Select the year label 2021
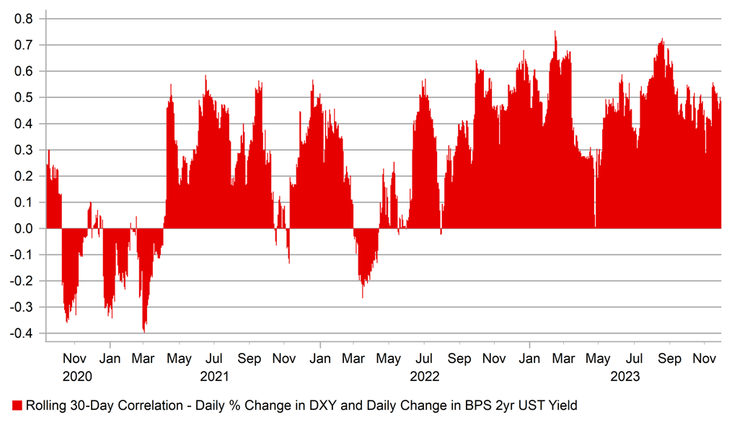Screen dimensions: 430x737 pos(214,376)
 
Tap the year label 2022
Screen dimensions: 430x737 pos(425,376)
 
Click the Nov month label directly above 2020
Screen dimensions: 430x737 pos(75,358)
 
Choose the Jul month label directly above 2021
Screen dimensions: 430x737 pos(214,358)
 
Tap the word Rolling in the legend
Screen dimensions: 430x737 pos(45,406)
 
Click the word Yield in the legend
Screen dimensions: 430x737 pos(562,406)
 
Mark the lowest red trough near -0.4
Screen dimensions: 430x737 pos(144,331)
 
